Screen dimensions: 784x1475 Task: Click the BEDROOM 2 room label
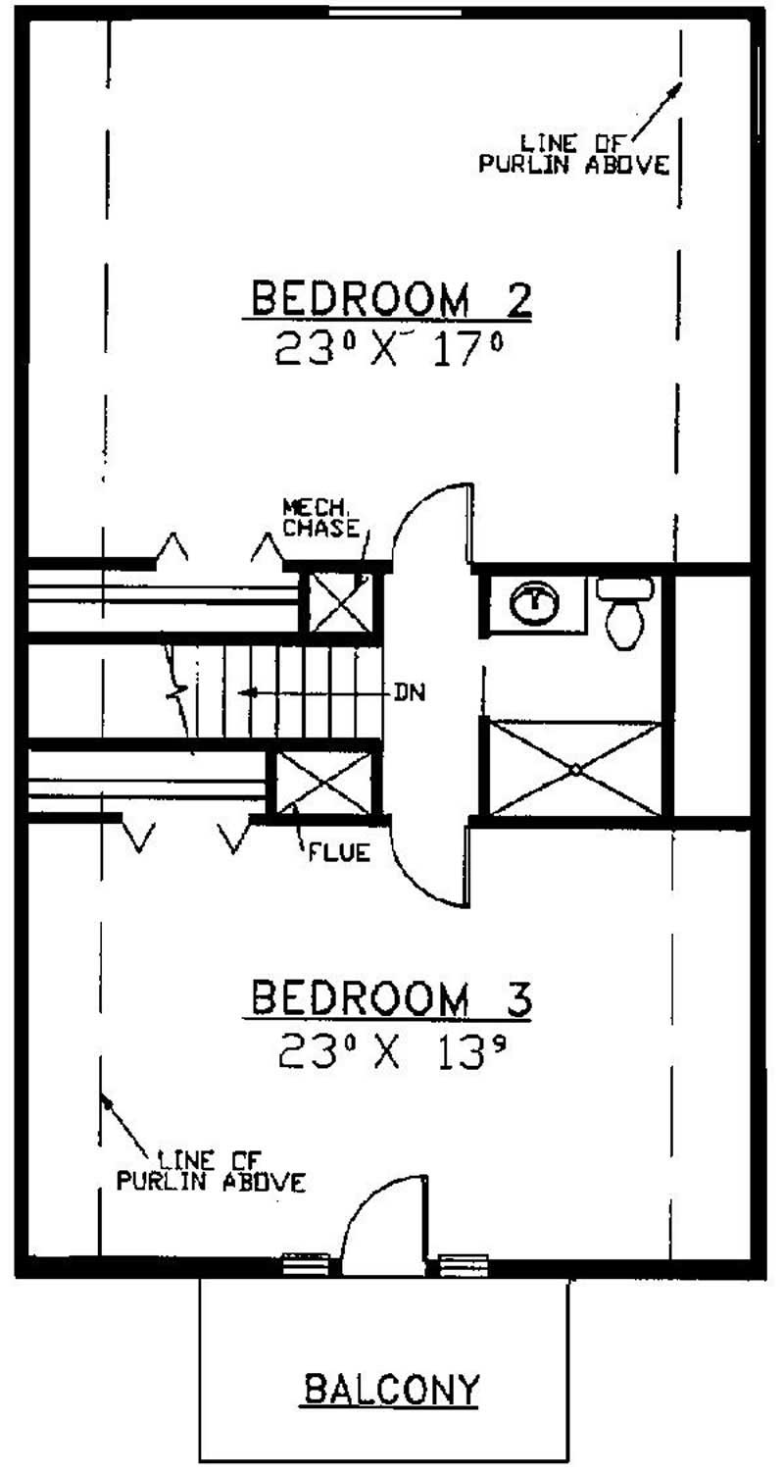pyautogui.click(x=391, y=300)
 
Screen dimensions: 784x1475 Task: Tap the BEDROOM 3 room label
pyautogui.click(x=391, y=999)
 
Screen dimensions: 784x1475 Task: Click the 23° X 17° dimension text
pyautogui.click(x=389, y=348)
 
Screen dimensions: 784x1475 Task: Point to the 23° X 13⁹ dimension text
pyautogui.click(x=392, y=1050)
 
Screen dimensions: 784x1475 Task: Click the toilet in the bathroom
pyautogui.click(x=624, y=612)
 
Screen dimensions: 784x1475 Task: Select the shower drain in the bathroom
pyautogui.click(x=574, y=769)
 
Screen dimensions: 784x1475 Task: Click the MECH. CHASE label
pyautogui.click(x=321, y=518)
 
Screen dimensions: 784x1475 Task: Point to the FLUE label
pyautogui.click(x=340, y=853)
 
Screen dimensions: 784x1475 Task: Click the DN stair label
pyautogui.click(x=410, y=692)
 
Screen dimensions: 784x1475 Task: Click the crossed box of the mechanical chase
pyautogui.click(x=340, y=602)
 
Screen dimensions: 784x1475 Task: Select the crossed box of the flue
pyautogui.click(x=323, y=783)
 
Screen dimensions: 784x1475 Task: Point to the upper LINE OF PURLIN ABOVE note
pyautogui.click(x=573, y=154)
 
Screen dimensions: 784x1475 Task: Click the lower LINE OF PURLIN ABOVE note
pyautogui.click(x=212, y=1161)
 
